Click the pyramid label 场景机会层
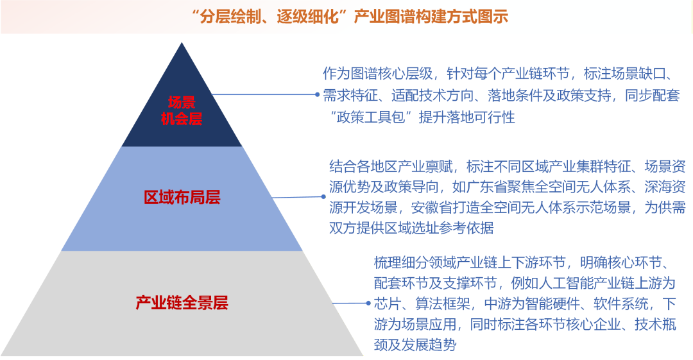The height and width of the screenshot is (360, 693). click(182, 110)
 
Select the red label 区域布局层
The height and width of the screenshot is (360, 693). click(182, 197)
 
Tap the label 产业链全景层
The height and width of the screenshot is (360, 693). click(182, 303)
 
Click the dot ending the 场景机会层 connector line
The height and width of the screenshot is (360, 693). click(318, 94)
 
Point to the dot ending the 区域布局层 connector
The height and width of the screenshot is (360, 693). click(323, 197)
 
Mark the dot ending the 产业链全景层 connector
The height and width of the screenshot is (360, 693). click(368, 303)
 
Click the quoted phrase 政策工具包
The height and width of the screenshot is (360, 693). click(371, 117)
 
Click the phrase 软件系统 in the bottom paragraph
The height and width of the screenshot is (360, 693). click(621, 304)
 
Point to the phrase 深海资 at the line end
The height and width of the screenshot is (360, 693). click(665, 187)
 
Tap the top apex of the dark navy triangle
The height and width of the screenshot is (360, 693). click(182, 42)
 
